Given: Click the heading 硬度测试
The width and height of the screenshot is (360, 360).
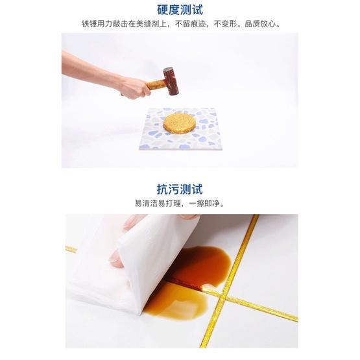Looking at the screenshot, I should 180,10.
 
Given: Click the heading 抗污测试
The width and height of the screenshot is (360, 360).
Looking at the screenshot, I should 180,189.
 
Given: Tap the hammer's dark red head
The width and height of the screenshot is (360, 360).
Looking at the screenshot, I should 171,80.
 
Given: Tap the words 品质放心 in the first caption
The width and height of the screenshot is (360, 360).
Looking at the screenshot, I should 267,25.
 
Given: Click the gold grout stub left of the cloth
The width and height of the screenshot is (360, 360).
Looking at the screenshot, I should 71,248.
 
